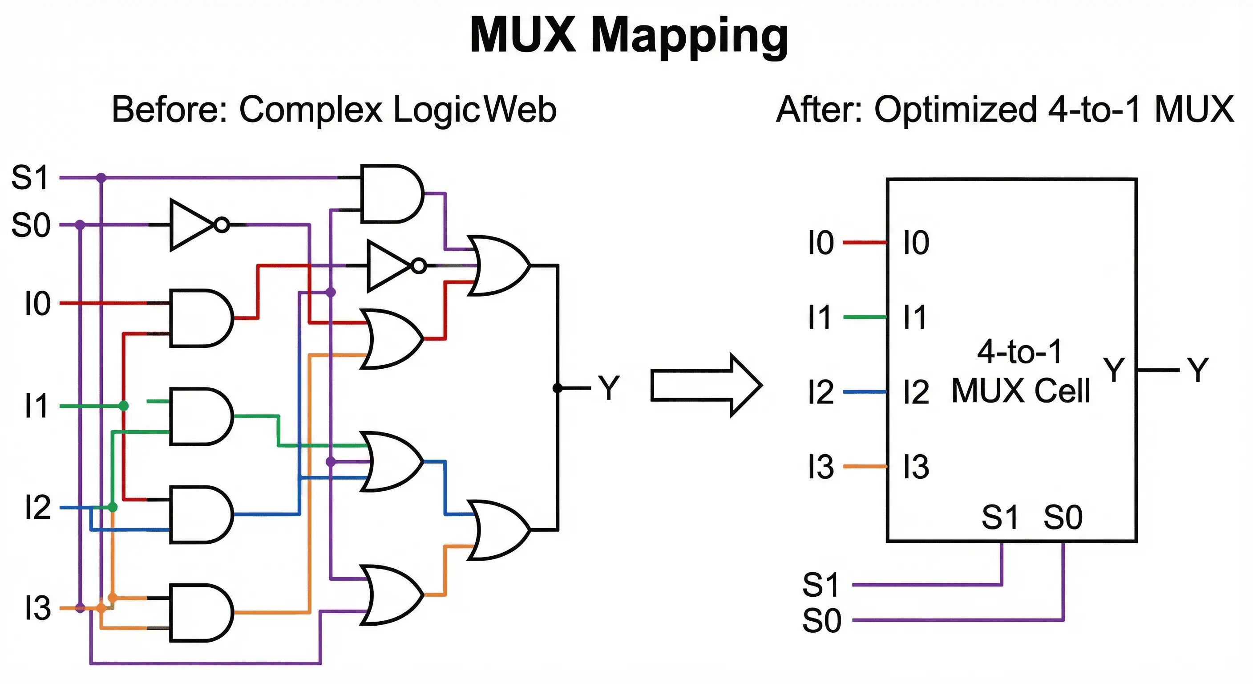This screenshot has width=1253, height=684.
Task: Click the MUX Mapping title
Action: point(628,35)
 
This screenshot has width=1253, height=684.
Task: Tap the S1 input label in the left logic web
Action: point(30,178)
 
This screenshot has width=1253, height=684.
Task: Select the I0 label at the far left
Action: point(37,304)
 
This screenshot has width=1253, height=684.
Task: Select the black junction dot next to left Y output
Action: point(558,388)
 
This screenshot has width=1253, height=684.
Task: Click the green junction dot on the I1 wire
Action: point(124,406)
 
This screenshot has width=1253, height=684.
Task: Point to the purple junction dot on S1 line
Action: point(101,178)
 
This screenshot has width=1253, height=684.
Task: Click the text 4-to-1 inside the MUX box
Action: point(1019,351)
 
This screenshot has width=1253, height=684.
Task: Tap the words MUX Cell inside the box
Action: point(1020,391)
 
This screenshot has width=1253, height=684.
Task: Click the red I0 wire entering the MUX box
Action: point(865,242)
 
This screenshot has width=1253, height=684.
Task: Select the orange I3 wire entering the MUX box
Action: point(865,466)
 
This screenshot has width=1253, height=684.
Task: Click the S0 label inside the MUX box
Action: point(1063,517)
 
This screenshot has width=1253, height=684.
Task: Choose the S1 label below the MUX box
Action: point(821,585)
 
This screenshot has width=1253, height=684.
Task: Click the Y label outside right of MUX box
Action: point(1197,370)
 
